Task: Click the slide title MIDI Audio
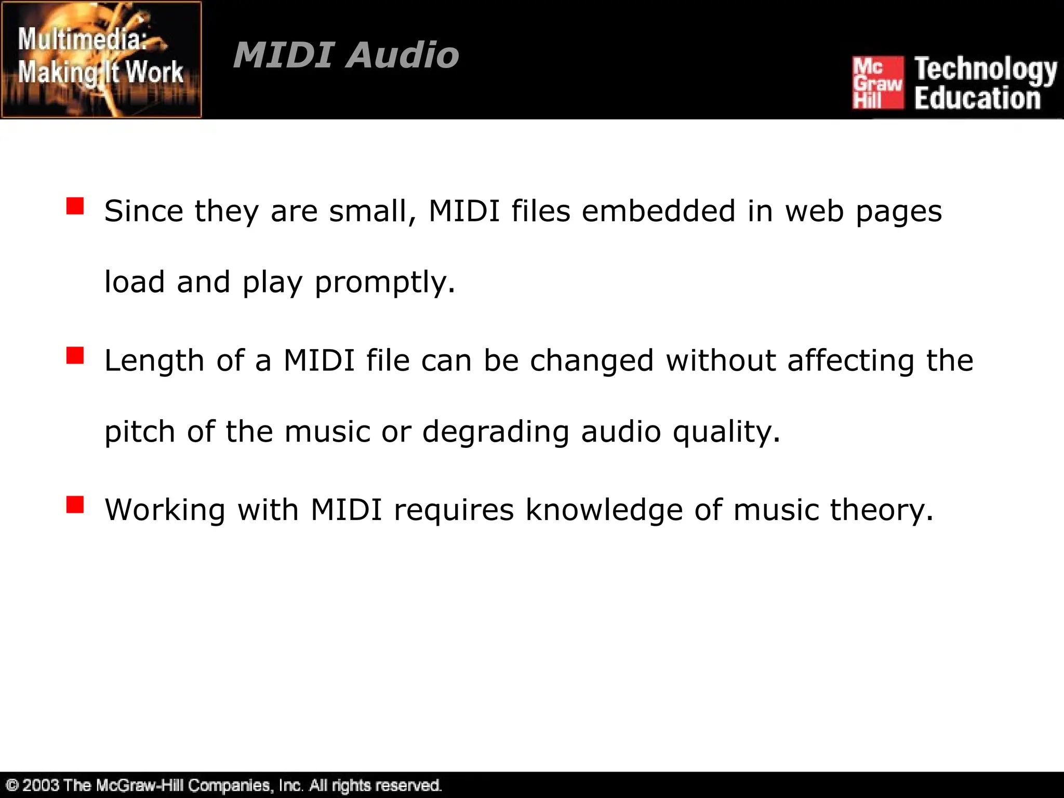346,55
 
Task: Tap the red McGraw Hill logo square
877,83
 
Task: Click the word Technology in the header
986,70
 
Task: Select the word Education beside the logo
977,98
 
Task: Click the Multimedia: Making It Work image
101,59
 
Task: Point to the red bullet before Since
75,206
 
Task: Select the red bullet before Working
75,504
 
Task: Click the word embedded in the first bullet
658,211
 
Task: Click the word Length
154,361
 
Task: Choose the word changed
591,361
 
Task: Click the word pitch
140,432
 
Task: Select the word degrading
495,432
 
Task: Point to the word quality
726,432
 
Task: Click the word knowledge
604,510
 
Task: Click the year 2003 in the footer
41,784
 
